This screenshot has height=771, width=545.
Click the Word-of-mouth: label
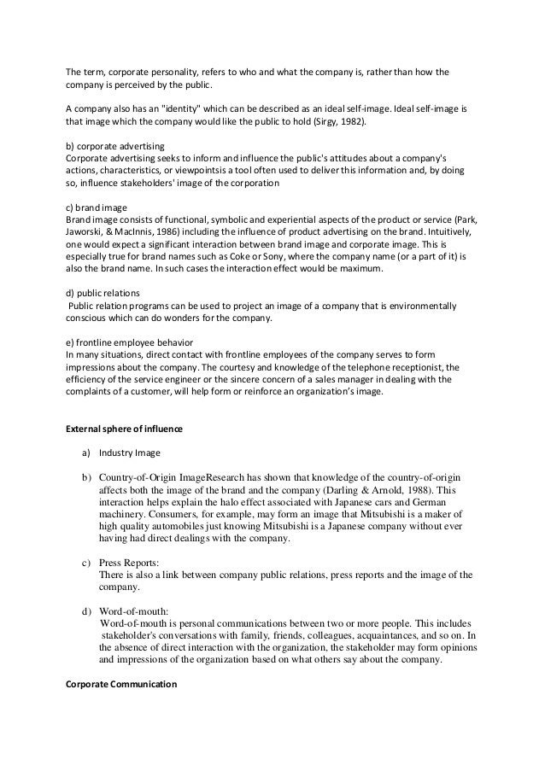tap(134, 612)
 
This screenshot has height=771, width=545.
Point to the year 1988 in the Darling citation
tap(418, 490)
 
